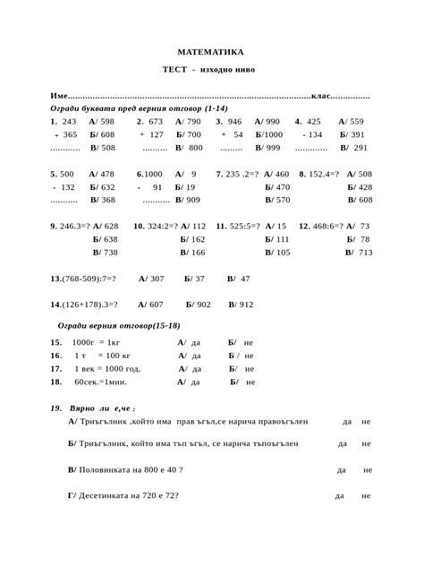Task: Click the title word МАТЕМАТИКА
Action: [210, 53]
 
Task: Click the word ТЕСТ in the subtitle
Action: [174, 70]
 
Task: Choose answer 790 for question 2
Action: [194, 121]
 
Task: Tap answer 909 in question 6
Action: [192, 201]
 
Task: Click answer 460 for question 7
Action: [282, 174]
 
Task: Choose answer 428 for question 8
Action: [365, 187]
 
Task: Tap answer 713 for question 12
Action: [365, 253]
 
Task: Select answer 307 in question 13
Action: [157, 279]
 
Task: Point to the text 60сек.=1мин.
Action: [99, 382]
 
